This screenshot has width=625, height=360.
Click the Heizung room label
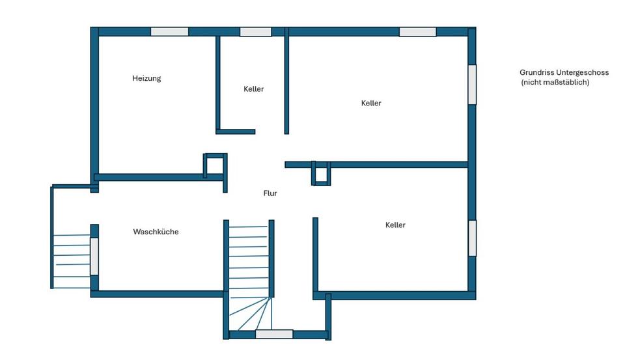[146, 78]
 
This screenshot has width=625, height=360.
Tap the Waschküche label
[156, 232]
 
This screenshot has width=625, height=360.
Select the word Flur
[270, 193]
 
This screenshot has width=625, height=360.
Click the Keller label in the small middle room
[254, 89]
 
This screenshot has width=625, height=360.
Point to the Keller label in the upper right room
[371, 103]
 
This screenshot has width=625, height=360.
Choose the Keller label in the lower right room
[395, 225]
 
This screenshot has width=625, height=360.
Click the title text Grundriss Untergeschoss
[564, 73]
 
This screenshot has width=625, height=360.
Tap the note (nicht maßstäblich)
[555, 83]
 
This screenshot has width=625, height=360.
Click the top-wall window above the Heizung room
[169, 31]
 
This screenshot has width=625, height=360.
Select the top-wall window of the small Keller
[255, 31]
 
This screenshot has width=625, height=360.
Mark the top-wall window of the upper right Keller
[417, 31]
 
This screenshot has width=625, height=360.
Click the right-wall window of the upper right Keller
[472, 85]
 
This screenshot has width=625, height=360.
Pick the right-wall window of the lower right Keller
[472, 238]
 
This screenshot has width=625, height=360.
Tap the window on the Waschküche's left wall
[94, 256]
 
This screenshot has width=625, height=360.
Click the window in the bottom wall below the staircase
[274, 334]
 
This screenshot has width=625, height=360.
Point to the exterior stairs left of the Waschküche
[71, 260]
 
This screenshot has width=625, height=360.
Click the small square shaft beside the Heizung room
[215, 165]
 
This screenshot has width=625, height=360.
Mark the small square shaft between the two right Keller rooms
[321, 174]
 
